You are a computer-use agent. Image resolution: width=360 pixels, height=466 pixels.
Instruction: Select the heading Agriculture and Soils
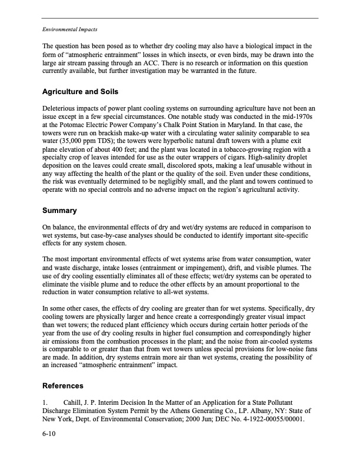point(81,92)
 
